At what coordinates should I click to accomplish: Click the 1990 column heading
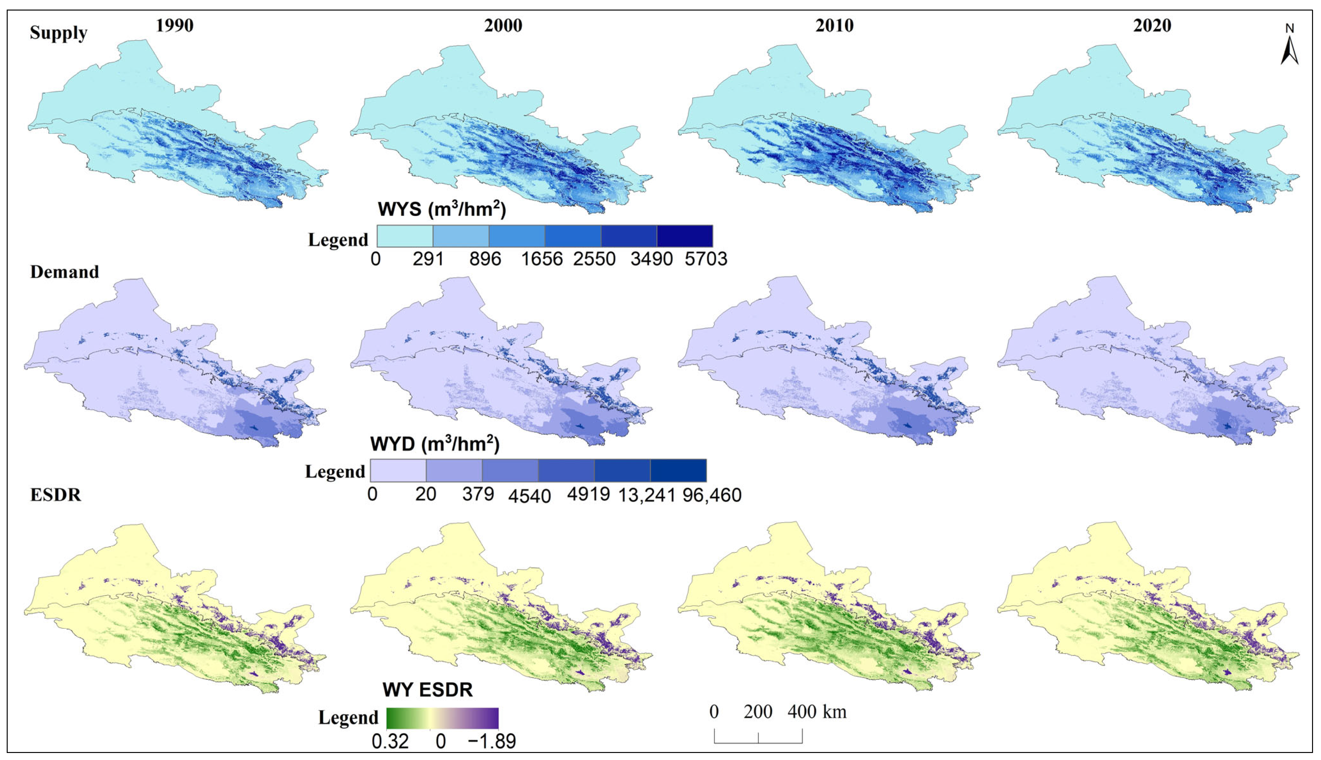point(174,26)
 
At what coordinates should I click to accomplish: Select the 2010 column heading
point(834,26)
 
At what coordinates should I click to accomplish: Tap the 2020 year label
point(1152,26)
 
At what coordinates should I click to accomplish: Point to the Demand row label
point(65,272)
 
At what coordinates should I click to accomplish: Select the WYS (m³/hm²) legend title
point(442,209)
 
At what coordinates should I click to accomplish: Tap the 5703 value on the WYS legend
point(706,259)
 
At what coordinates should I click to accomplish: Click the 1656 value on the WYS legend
point(542,259)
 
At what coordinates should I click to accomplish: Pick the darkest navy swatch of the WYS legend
point(684,236)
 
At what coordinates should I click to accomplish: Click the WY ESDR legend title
point(427,689)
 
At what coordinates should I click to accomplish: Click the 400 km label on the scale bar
point(817,711)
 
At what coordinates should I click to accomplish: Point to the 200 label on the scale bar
point(758,711)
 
